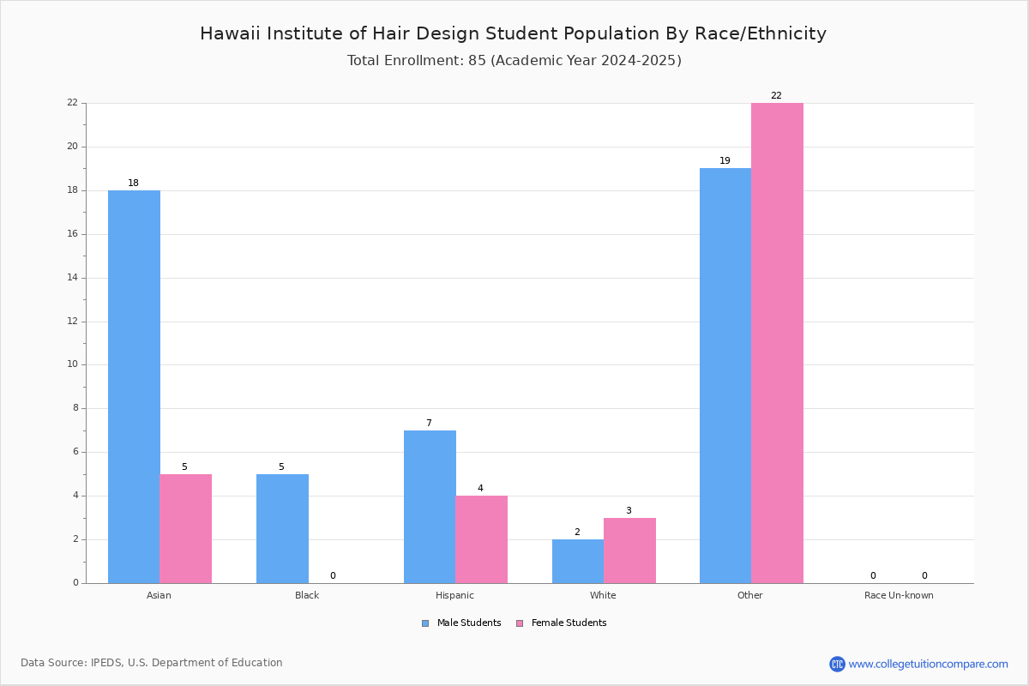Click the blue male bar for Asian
point(134,386)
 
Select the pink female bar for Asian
point(185,528)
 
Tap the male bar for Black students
point(282,528)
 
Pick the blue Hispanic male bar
point(430,506)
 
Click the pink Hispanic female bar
point(481,539)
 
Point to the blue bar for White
point(578,561)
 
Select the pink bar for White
point(629,550)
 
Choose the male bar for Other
point(725,376)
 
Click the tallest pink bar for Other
point(777,343)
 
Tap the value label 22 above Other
point(776,96)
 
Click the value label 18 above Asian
point(133,184)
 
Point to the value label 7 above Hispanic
point(429,424)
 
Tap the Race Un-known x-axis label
point(899,595)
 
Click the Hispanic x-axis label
point(454,595)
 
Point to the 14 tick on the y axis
point(73,278)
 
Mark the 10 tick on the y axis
point(73,364)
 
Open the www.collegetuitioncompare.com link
point(928,664)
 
